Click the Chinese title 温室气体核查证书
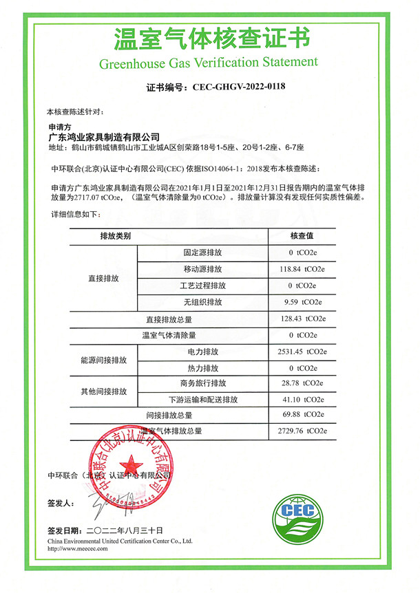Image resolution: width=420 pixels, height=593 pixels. point(209,38)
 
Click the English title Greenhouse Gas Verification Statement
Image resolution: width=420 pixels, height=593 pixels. point(209,63)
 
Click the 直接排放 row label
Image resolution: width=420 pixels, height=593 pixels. point(104,278)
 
